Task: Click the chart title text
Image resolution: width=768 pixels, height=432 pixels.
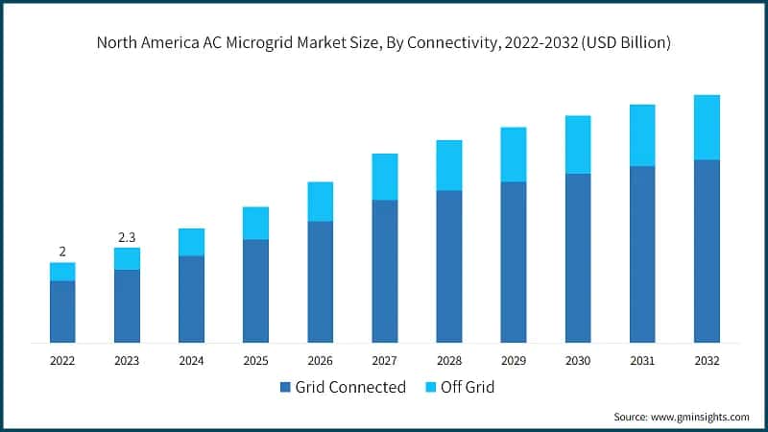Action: pos(383,44)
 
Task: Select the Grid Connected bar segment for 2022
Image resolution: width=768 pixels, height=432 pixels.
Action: pos(62,311)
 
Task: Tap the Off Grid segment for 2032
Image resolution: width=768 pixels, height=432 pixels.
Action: pos(707,127)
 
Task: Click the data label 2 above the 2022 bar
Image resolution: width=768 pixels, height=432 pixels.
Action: pos(62,252)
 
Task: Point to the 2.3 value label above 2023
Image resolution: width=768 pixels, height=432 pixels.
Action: pos(127,236)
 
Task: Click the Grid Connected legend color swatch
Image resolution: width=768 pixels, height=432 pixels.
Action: pos(284,388)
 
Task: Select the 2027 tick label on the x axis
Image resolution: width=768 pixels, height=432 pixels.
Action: pos(384,361)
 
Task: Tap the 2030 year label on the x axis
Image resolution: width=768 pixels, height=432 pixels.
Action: pos(577,361)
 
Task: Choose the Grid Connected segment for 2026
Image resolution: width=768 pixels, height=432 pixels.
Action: pos(320,281)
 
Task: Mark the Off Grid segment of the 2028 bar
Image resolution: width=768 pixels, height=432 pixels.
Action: pos(448,165)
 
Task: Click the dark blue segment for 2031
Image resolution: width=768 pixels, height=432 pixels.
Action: pos(642,254)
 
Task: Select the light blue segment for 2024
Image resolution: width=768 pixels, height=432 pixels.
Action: pos(191,242)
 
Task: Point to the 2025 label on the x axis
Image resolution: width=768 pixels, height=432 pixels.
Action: pos(255,361)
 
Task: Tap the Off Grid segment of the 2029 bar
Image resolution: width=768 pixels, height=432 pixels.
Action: pos(513,155)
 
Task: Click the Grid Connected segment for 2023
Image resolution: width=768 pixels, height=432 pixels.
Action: pos(127,305)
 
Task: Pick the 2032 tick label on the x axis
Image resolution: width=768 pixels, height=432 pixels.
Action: pos(707,361)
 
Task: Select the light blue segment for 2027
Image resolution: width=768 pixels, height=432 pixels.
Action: pos(384,177)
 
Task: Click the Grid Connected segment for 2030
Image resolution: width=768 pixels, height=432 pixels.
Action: pos(577,257)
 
